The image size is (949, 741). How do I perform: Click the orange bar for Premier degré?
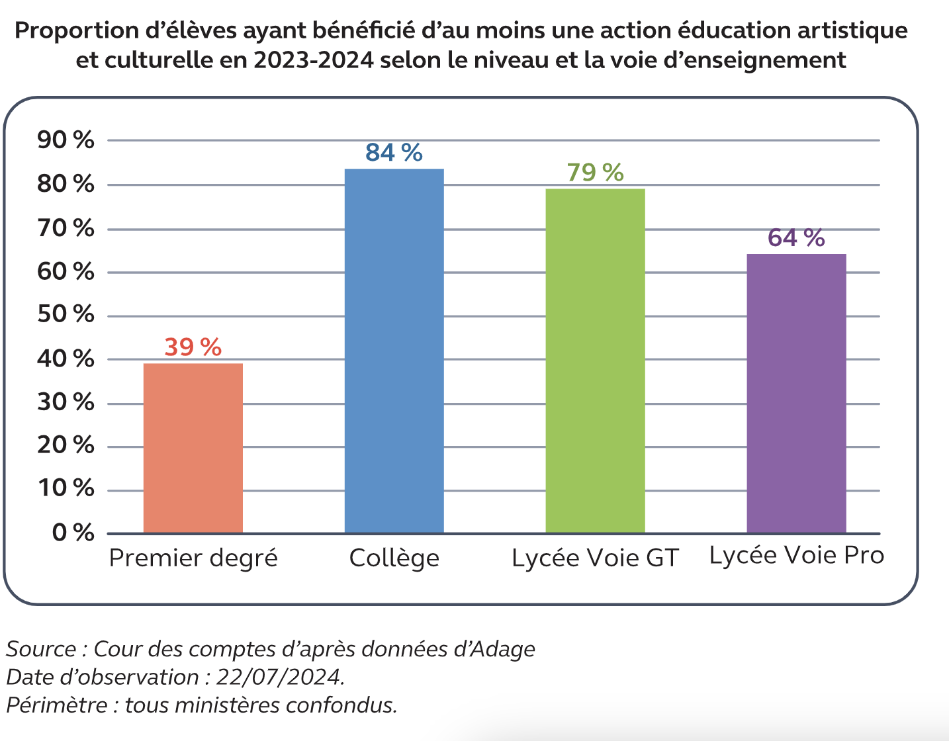(x=193, y=448)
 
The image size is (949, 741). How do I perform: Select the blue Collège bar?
(x=394, y=351)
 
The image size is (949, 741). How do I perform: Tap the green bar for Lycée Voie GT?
(x=595, y=361)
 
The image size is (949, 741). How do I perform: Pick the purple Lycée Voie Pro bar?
(x=796, y=393)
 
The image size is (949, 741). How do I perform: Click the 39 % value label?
(x=193, y=347)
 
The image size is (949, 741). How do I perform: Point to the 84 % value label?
(x=394, y=153)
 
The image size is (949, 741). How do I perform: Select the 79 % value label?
(x=595, y=173)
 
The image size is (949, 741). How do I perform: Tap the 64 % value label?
(x=796, y=238)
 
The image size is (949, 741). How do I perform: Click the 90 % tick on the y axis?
(x=66, y=140)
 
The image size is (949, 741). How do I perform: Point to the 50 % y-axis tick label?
(x=66, y=314)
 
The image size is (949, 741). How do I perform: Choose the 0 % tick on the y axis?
(x=73, y=533)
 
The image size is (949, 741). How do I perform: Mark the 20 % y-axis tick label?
(x=66, y=445)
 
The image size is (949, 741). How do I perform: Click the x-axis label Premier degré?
(x=193, y=558)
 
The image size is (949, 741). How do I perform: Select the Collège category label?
(x=394, y=558)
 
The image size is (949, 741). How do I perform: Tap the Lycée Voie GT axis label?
(x=595, y=558)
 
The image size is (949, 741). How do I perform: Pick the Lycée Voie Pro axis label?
(x=797, y=556)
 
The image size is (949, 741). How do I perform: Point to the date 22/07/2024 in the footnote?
(x=279, y=677)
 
